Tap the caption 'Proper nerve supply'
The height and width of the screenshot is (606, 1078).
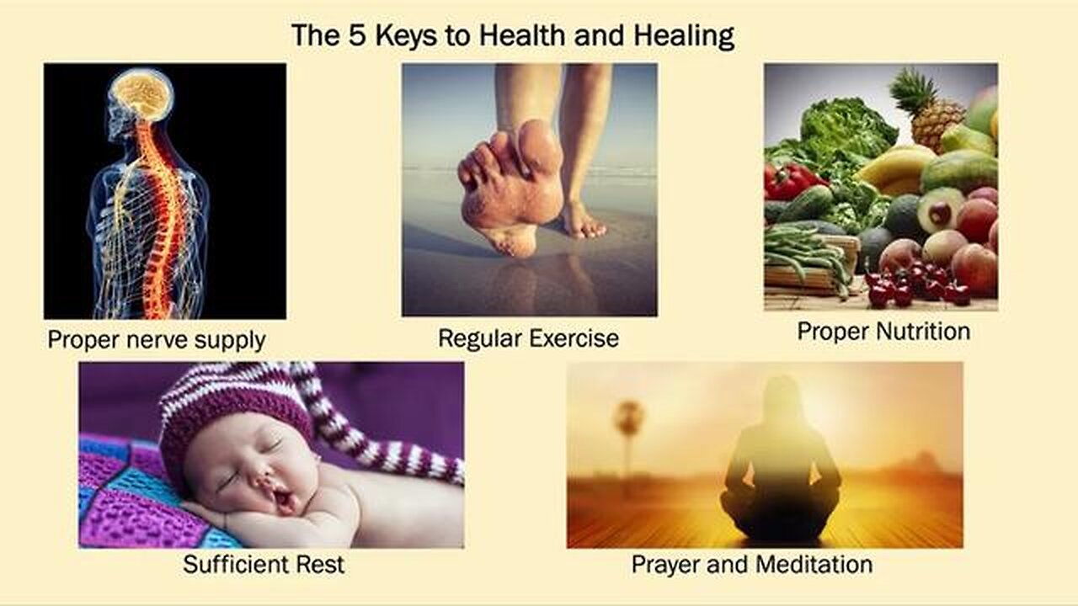coord(157,340)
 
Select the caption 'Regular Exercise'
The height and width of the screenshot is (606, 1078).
coord(528,338)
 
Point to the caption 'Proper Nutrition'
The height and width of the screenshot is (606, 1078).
coord(883,331)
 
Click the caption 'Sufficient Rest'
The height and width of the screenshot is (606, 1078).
coord(264,564)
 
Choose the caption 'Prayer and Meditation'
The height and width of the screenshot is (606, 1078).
coord(751,563)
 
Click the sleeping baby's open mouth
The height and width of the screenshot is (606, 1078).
coord(286,502)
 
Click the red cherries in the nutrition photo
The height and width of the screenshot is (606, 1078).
coord(910,286)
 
